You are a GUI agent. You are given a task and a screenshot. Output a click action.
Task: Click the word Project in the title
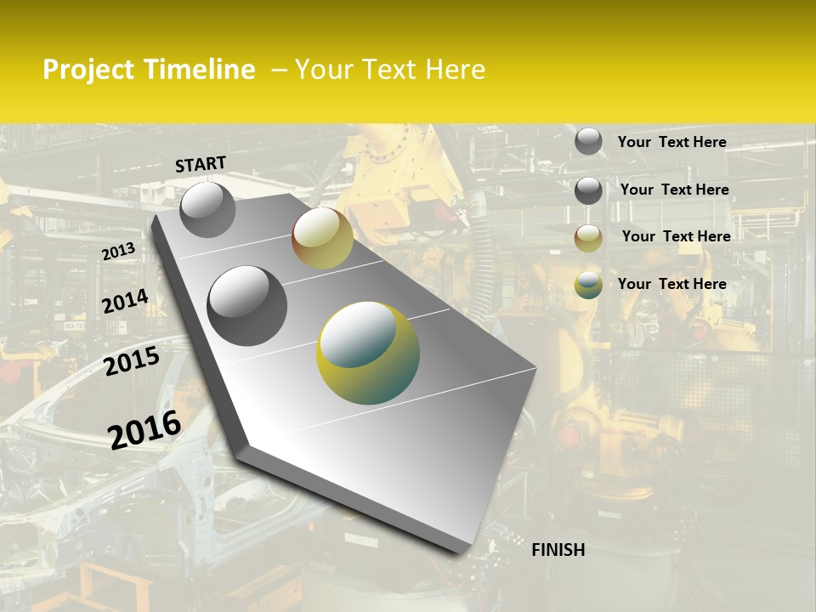point(88,71)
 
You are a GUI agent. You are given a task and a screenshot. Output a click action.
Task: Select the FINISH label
point(558,550)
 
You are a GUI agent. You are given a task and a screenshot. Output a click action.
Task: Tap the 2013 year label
point(118,252)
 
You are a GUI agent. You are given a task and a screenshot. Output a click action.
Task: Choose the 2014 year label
point(125,302)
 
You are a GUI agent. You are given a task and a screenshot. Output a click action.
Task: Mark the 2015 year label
point(132,361)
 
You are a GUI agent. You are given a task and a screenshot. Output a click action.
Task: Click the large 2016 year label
point(144,429)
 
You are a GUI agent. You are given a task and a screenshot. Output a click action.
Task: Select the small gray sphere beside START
point(207,209)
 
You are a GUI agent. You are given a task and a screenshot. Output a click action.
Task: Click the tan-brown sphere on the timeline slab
point(322,239)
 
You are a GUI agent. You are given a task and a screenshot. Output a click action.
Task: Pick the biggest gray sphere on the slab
point(247,305)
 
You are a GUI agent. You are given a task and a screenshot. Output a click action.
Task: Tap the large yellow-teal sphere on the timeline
point(368,353)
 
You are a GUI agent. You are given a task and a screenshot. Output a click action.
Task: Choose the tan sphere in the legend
point(588,238)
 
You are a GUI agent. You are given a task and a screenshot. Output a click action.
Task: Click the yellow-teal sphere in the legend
point(588,285)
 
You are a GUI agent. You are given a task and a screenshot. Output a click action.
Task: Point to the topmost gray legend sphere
point(588,141)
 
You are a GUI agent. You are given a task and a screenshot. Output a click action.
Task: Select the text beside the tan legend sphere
point(676,236)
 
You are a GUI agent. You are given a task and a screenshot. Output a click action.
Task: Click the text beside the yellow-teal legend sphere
point(671,284)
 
